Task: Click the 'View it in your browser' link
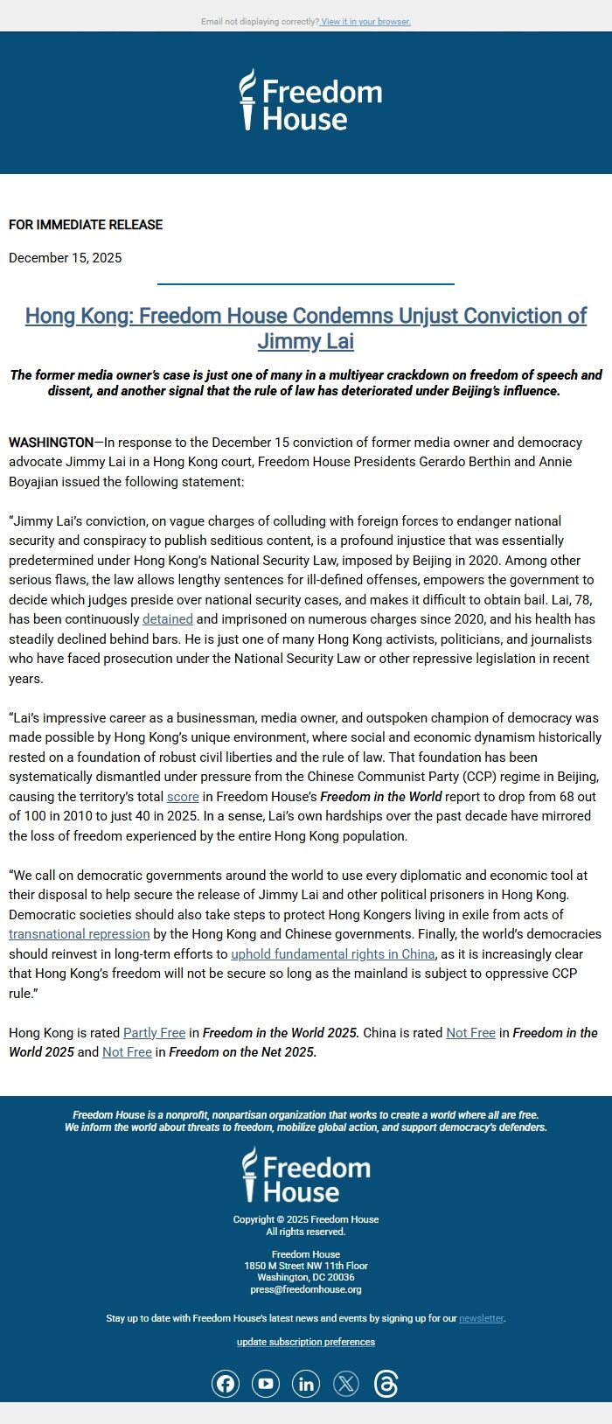click(365, 22)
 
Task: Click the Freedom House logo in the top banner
click(310, 101)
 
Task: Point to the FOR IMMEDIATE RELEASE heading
click(86, 225)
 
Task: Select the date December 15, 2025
click(66, 258)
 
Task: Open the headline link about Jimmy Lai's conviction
click(306, 328)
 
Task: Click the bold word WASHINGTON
click(51, 443)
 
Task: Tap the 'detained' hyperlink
click(167, 619)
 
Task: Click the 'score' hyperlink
click(183, 797)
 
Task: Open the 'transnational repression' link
click(79, 934)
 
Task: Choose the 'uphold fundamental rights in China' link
click(332, 954)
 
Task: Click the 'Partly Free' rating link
click(154, 1033)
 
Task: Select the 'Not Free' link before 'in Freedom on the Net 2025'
click(127, 1052)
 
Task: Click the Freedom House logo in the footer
click(306, 1176)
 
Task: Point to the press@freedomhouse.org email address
click(306, 1289)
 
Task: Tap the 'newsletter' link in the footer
click(481, 1318)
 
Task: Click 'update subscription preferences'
click(306, 1342)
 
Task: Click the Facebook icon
click(226, 1384)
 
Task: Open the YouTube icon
click(266, 1384)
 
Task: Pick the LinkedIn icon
click(306, 1384)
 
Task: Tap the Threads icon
click(386, 1384)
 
